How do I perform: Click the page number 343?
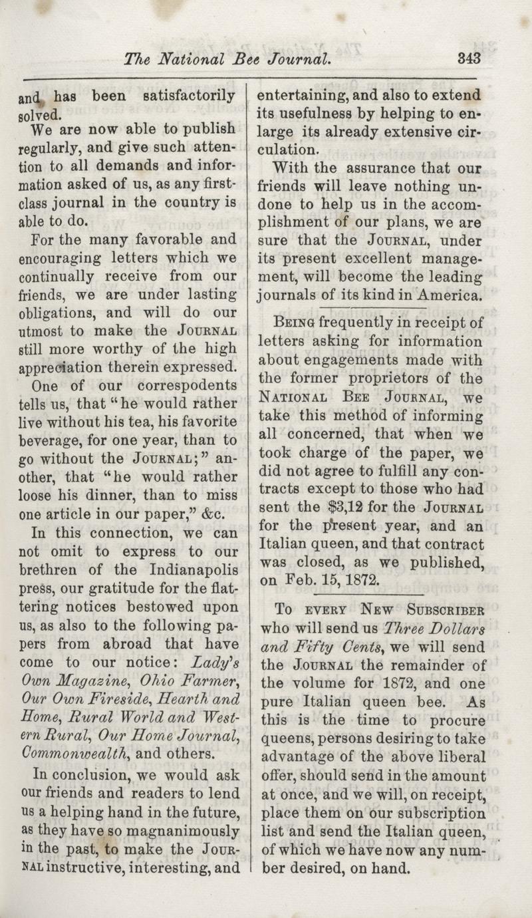(469, 58)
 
